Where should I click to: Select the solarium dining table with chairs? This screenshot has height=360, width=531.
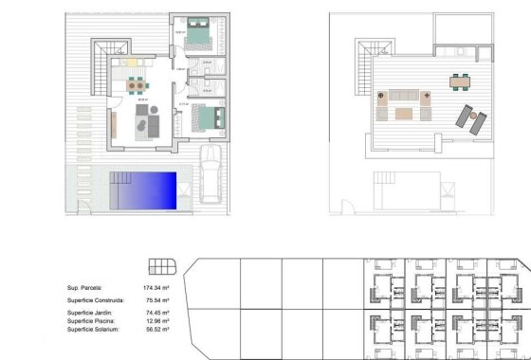(459, 80)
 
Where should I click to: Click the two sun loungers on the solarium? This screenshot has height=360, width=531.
(470, 117)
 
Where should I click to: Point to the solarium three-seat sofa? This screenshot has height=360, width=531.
(403, 95)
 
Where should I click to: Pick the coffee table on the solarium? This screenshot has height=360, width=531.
(404, 114)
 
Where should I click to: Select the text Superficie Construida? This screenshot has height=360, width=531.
(94, 299)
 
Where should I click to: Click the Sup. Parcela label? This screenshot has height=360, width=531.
(84, 287)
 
